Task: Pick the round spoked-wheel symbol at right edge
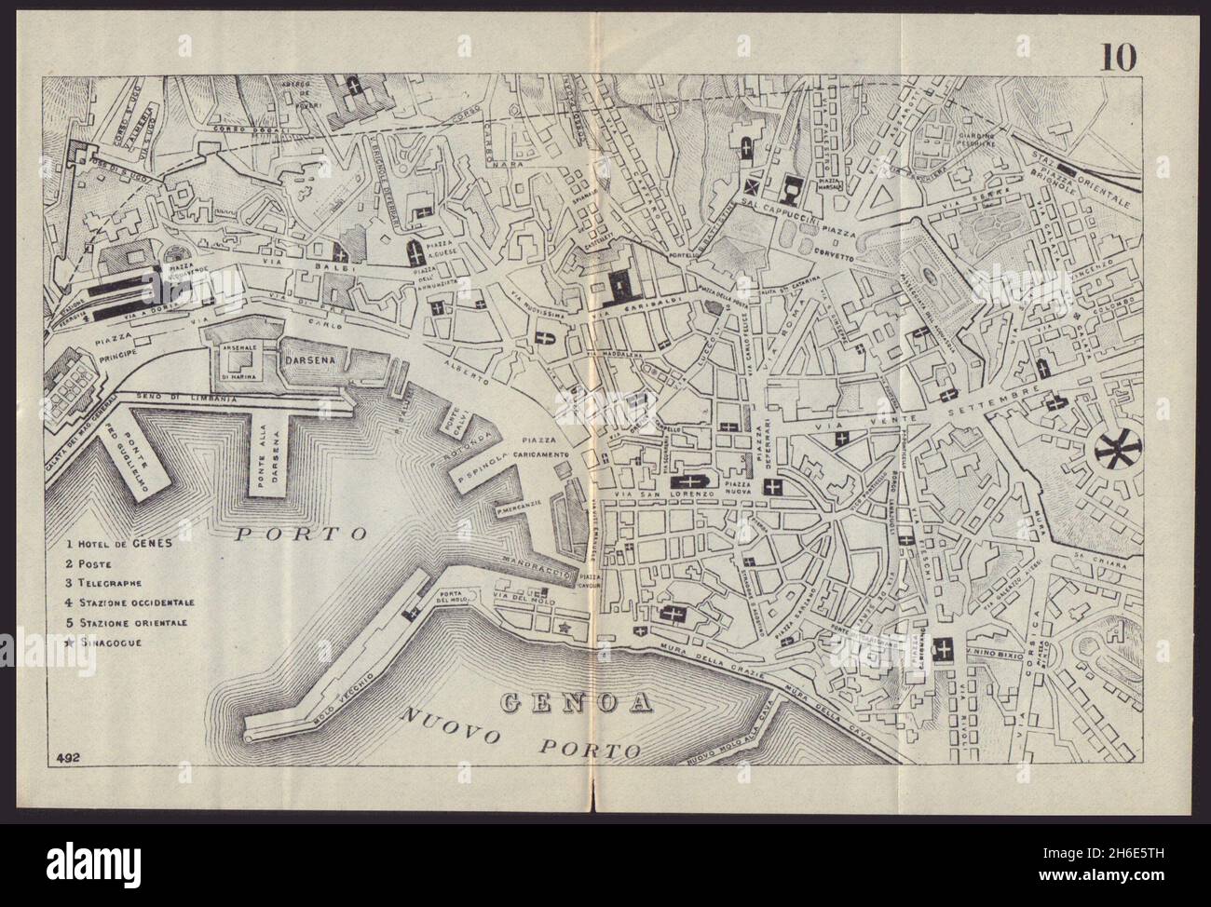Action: pyautogui.click(x=1109, y=453)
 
